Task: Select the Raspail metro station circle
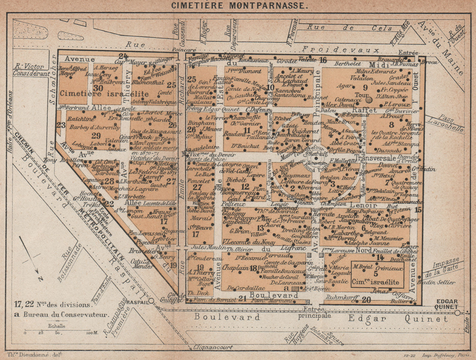click(151, 301)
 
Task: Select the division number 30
click(98, 88)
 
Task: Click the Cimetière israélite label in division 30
click(104, 94)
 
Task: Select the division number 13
click(260, 228)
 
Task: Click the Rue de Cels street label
click(350, 28)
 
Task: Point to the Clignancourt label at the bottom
click(213, 347)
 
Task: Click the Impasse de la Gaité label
click(445, 267)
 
